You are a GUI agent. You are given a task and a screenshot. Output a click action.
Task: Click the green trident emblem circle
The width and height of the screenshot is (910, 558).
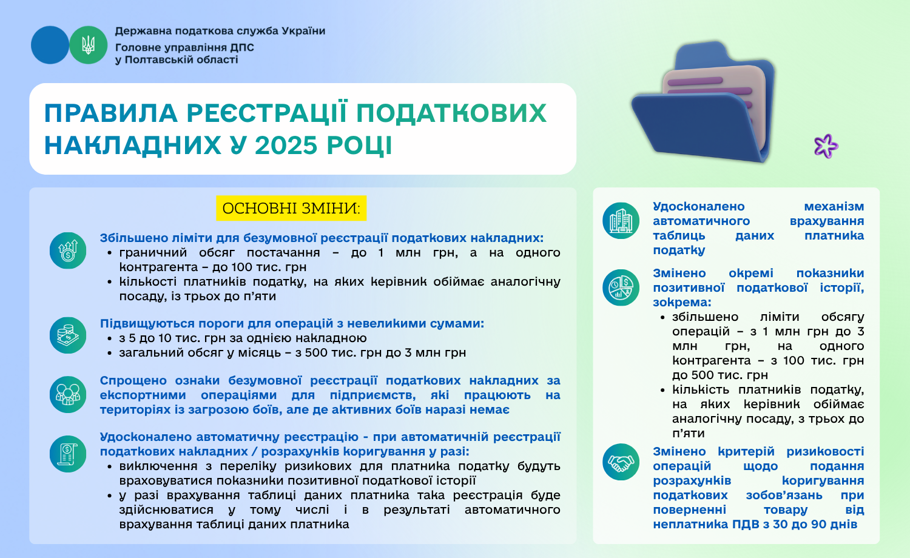pos(88,45)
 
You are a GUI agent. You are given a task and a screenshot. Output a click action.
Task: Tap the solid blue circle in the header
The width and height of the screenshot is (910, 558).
pos(50,45)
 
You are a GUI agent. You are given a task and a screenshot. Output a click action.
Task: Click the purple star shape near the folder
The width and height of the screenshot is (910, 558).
pos(826,146)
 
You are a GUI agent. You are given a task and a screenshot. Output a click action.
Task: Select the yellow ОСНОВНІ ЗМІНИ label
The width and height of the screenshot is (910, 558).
pos(291,208)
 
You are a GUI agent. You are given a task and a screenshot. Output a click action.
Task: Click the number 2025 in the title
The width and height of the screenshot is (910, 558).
pos(286,145)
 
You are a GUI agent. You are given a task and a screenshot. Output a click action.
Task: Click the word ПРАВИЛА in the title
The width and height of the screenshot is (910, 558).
pos(111,113)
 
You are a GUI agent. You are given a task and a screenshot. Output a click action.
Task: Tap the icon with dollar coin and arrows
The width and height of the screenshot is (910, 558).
pos(68,250)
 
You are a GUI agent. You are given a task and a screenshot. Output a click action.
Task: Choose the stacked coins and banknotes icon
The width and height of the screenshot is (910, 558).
pos(68,335)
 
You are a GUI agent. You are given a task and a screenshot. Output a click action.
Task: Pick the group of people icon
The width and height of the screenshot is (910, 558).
pos(68,395)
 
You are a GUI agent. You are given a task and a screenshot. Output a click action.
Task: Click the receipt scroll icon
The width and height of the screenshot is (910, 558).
pos(68,454)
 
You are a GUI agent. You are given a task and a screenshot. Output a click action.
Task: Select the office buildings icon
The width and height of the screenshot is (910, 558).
pos(621,221)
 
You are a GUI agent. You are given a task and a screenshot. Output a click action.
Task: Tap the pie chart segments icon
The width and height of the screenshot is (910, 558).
pos(621,287)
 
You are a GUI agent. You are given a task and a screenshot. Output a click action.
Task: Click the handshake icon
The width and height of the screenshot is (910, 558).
pos(621,462)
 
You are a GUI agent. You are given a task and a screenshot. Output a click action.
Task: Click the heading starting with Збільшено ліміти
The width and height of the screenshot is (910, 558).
pos(322,238)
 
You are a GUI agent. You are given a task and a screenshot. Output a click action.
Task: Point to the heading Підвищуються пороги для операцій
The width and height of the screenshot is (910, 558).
pos(292,324)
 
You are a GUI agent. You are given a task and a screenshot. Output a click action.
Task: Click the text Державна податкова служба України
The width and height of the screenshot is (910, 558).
pos(220,31)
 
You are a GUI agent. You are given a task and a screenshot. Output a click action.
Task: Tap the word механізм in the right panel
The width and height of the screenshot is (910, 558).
pos(834,206)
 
